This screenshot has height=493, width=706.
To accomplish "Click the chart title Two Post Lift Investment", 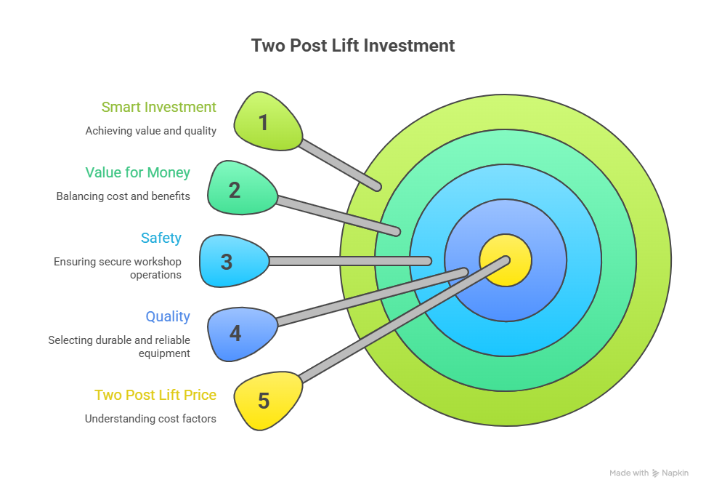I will (x=353, y=46).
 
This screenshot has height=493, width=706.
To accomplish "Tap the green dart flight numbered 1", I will (x=267, y=121).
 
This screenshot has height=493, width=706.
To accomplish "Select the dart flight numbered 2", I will (x=240, y=189).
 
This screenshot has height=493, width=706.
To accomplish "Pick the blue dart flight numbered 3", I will (x=231, y=261).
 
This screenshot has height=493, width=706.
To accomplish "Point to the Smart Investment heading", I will (x=158, y=108).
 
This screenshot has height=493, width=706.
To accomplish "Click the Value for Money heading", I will (x=137, y=172).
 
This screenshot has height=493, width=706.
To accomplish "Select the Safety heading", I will (x=161, y=238).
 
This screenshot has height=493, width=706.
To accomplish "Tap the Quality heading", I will (x=168, y=316).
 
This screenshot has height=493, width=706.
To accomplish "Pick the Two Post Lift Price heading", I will (x=155, y=395).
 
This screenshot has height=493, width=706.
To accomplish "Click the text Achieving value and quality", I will (x=150, y=131).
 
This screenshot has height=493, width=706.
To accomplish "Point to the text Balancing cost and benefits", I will (x=123, y=196).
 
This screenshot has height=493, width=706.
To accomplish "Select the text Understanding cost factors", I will (x=150, y=419).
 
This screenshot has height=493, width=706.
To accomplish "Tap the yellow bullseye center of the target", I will (x=506, y=261).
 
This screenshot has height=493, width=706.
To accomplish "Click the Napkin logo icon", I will (x=656, y=473).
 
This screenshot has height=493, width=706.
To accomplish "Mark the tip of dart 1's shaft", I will (x=377, y=187).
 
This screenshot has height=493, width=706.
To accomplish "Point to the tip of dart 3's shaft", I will (x=428, y=260).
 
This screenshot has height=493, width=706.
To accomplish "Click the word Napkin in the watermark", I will (x=675, y=473).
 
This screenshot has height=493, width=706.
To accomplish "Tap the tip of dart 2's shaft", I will (x=397, y=232).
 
